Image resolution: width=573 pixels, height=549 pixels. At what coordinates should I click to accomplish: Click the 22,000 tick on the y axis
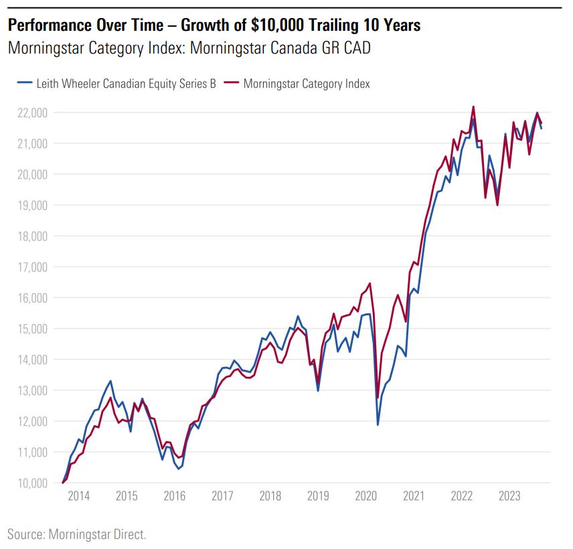29,112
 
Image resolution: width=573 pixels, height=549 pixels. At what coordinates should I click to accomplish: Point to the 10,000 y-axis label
29,483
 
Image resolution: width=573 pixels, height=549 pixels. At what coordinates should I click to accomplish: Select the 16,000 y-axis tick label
29,298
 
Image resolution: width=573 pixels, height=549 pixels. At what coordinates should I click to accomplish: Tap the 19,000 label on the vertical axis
29,205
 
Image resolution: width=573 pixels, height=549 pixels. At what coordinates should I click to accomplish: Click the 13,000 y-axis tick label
29,390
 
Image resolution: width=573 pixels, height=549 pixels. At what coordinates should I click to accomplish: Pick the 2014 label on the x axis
79,496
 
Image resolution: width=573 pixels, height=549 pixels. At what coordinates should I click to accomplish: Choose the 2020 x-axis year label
366,496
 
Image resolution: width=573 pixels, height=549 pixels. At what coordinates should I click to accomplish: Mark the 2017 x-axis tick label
222,496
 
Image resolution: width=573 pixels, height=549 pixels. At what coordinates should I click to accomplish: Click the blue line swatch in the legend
25,84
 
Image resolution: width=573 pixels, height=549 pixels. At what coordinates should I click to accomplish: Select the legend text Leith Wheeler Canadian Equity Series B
125,84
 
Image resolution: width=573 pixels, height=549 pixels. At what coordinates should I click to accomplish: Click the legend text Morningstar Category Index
307,84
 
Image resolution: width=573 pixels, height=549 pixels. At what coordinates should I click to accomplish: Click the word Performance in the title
49,26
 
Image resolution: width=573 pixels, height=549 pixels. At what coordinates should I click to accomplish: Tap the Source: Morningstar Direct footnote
77,534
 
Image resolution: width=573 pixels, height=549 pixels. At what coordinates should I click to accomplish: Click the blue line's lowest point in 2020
378,424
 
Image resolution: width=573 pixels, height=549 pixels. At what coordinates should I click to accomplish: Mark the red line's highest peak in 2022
473,106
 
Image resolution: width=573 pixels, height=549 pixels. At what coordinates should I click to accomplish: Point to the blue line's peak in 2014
110,381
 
